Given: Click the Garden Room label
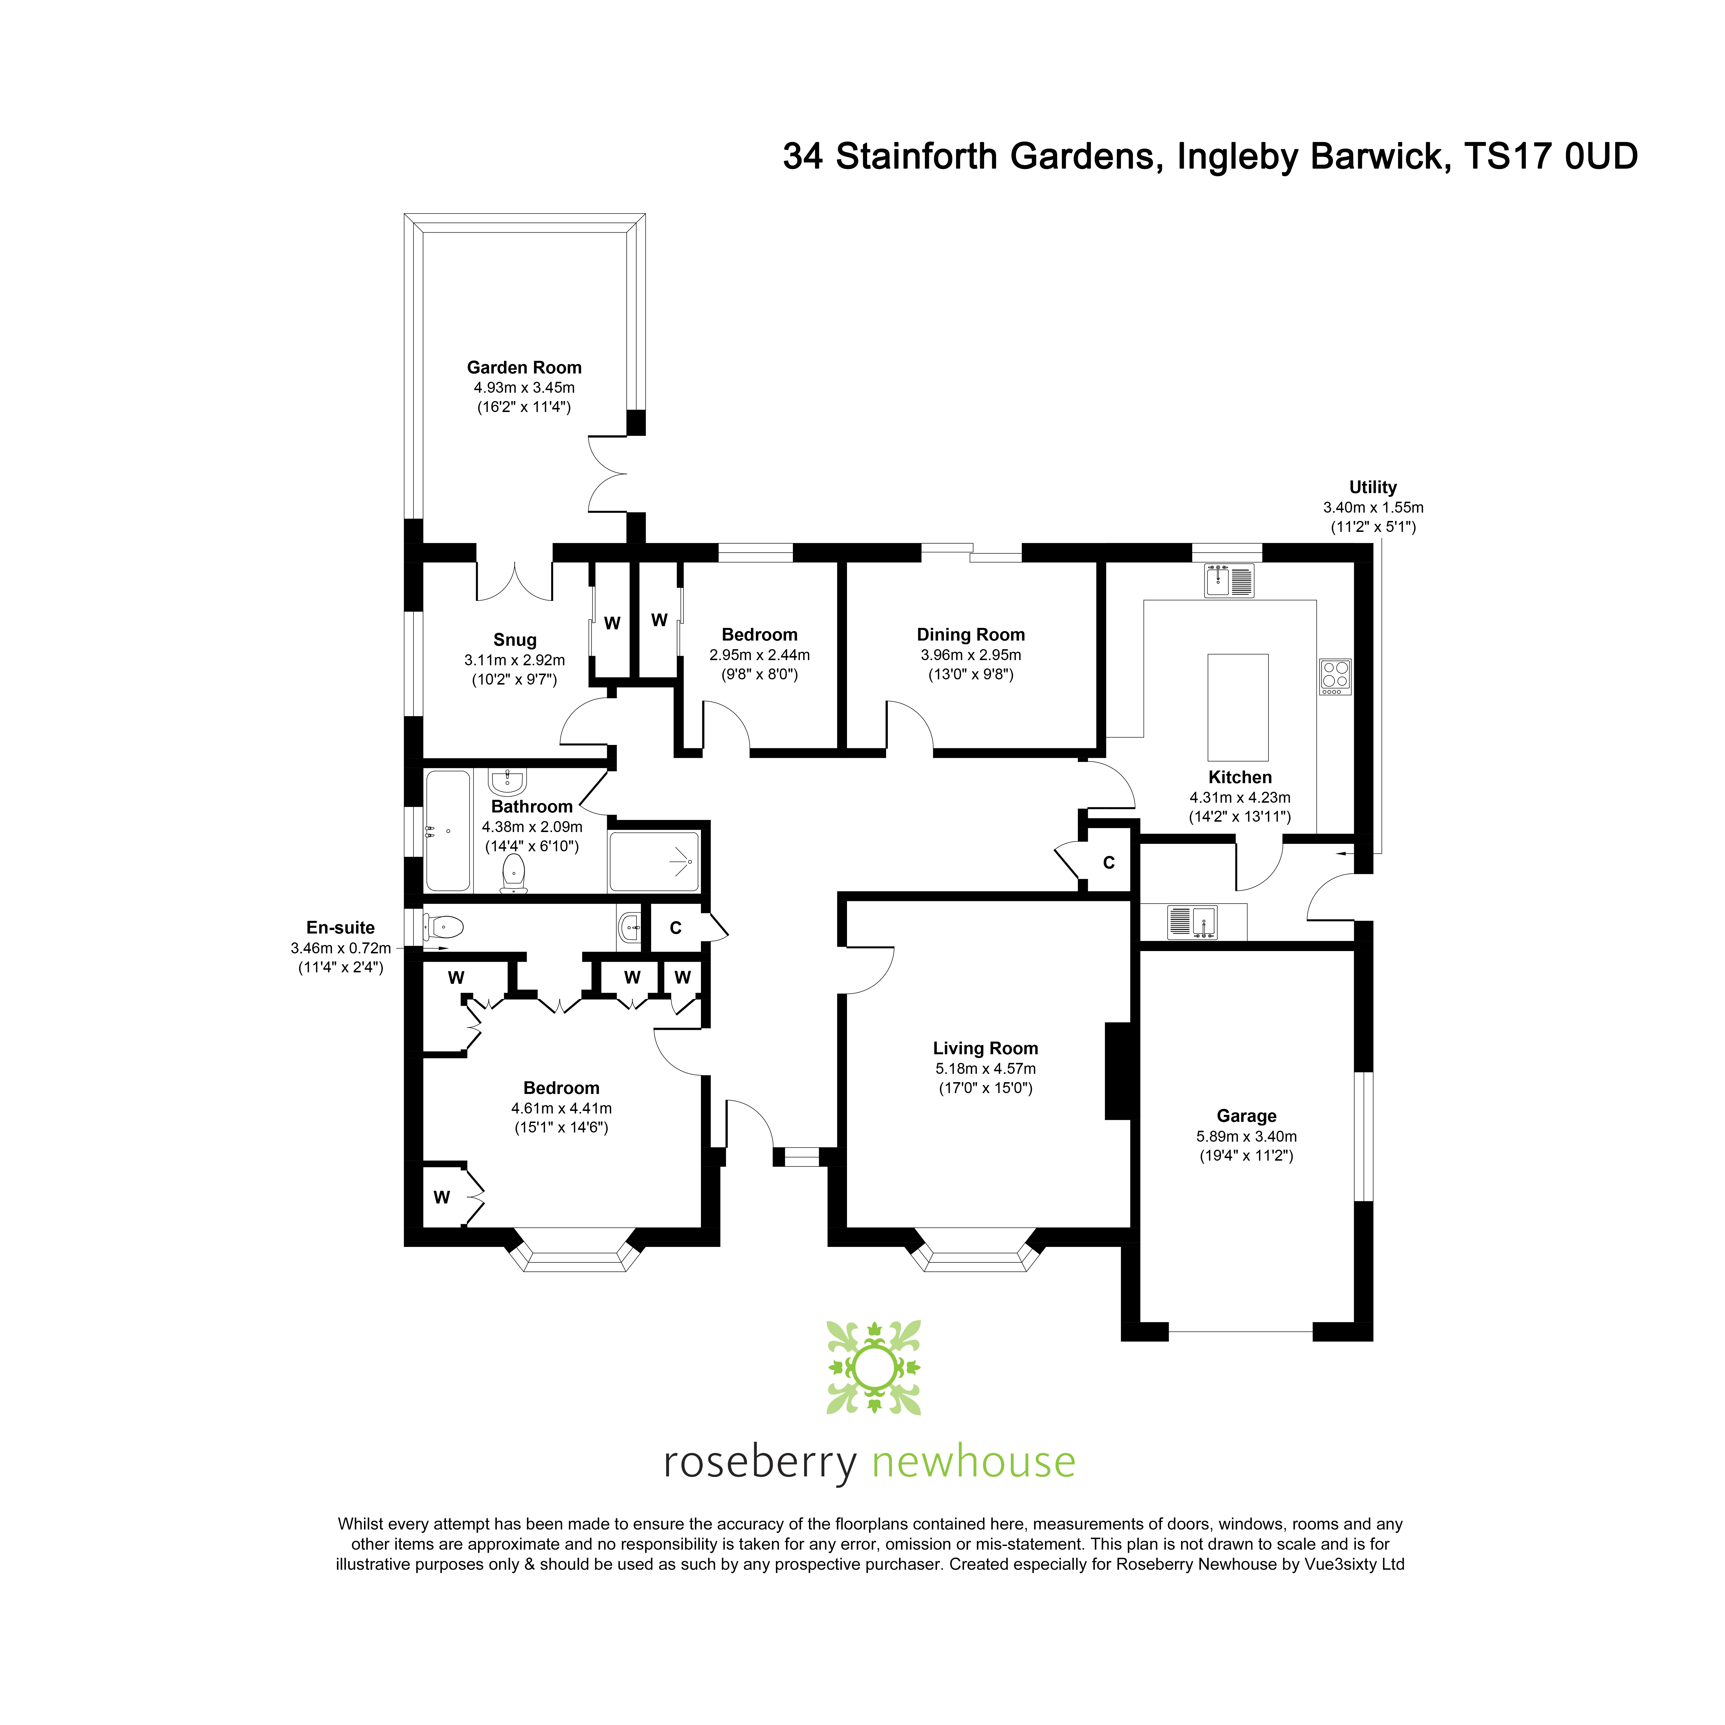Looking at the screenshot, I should tap(524, 368).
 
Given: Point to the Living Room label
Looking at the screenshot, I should tap(985, 1048).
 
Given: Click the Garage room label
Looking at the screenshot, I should tap(1246, 1116).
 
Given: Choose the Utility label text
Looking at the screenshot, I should tap(1372, 488).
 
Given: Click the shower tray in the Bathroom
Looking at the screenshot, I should tap(653, 862).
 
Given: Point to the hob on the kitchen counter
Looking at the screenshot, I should tap(1336, 676).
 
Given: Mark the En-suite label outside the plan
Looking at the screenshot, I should tap(340, 928).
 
